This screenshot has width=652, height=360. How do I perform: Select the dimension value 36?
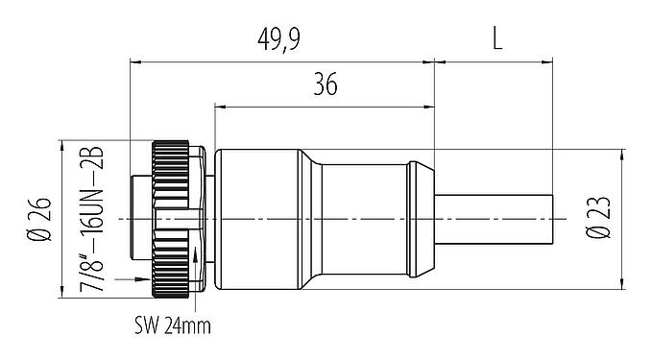(x=325, y=85)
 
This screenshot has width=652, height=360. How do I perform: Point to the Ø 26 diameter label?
(x=39, y=221)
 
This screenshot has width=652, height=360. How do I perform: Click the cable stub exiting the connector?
(x=495, y=220)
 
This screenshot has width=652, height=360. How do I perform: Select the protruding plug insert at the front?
(x=140, y=220)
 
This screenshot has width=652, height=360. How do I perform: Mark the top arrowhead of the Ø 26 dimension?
(x=62, y=146)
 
